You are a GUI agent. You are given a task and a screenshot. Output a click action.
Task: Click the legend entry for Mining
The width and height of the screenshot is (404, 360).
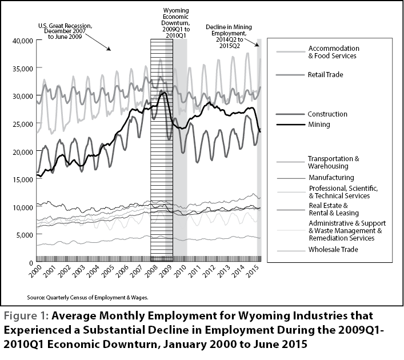[x=319, y=125]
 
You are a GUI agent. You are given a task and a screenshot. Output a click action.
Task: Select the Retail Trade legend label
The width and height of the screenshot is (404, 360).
[x=325, y=75]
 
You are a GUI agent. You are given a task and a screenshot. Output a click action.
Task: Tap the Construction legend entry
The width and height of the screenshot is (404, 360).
[x=327, y=114]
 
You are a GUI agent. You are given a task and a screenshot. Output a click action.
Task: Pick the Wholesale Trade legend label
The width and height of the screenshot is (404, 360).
[x=333, y=250]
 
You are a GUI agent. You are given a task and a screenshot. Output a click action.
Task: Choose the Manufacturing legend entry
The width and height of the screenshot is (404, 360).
[x=331, y=178]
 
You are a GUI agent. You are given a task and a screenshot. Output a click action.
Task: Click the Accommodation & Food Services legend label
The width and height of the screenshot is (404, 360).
[x=334, y=52]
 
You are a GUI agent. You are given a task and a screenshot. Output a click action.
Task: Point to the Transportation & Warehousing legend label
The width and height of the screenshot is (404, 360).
[x=334, y=162]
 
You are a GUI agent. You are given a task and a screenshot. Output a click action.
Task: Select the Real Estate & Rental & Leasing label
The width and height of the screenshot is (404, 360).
[x=334, y=209]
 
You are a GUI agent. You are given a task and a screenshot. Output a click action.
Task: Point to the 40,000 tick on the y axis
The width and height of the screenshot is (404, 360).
[x=23, y=41]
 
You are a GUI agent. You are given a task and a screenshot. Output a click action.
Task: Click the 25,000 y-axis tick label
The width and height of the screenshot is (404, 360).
[x=23, y=124]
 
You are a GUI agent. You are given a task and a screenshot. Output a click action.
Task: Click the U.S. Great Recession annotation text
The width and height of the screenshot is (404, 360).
[x=65, y=31]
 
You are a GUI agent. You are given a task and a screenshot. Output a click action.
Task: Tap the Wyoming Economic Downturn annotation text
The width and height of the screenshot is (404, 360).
[x=176, y=23]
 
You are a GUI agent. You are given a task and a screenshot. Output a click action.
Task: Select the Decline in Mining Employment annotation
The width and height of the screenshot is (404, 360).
[x=229, y=37]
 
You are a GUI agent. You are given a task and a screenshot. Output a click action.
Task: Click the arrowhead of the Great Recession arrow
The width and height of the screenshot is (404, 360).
[x=109, y=49]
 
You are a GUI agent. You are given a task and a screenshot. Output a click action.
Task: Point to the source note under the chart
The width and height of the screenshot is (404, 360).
[x=87, y=298]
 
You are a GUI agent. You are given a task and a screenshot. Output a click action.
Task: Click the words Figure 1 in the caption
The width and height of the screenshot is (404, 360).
[x=26, y=315]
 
